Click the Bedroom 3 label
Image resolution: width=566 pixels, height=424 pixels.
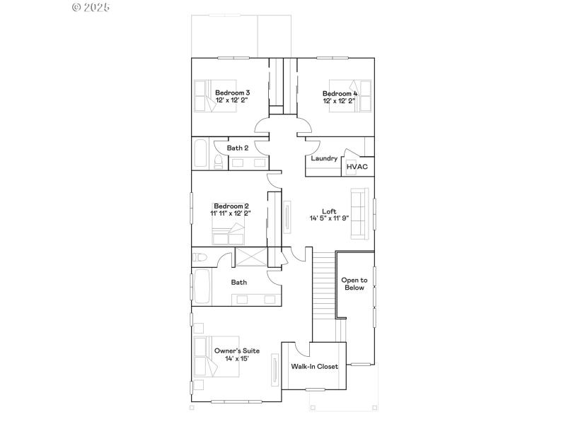tap(232, 93)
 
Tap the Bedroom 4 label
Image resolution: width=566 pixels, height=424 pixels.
tap(340, 93)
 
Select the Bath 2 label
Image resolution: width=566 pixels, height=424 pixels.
tap(237, 148)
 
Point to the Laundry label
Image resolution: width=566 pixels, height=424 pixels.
tap(324, 158)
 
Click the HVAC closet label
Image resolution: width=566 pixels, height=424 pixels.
tap(357, 167)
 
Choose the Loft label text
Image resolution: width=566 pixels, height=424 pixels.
tap(329, 211)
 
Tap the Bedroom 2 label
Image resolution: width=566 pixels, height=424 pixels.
tap(230, 206)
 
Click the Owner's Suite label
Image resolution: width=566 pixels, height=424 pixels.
tap(237, 351)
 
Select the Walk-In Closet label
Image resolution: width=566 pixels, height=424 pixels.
tap(314, 367)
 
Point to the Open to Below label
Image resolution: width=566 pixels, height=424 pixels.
tap(354, 284)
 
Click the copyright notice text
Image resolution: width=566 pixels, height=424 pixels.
tap(92, 7)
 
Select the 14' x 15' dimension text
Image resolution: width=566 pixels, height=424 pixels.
tap(237, 359)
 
